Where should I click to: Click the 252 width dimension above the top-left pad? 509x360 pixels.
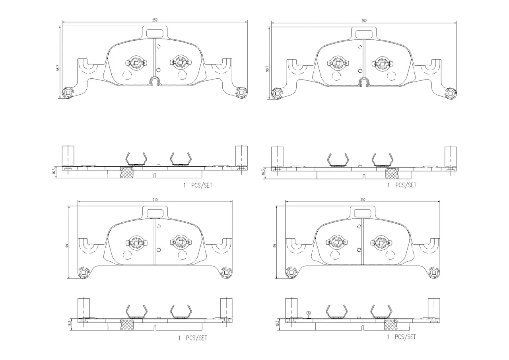pos(155,20)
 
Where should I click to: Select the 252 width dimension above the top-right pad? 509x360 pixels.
pos(364,21)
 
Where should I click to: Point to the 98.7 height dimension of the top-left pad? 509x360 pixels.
pos(58,68)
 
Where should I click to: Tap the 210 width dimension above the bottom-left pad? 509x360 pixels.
pos(155,200)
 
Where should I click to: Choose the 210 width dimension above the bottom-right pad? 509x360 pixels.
pos(363,200)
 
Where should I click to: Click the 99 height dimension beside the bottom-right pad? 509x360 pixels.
pos(275,246)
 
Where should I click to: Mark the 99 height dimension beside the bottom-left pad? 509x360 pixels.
pos(67,246)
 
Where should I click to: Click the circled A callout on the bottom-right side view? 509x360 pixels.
pos(308,313)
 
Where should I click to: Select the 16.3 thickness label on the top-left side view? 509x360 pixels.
pos(54,171)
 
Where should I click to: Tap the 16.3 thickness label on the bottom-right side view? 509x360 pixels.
pos(278,324)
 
